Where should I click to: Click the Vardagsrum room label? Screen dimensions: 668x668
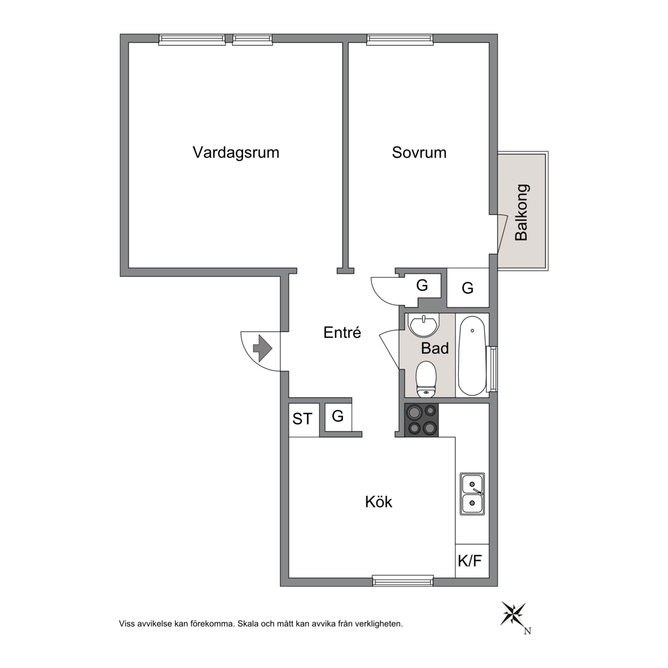pos(236,153)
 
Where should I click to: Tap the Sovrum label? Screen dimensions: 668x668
pos(419,153)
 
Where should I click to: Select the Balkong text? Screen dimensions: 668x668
pos(521,213)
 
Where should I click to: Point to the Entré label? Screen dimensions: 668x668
pos(342,332)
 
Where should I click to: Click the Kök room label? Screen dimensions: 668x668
pos(378,502)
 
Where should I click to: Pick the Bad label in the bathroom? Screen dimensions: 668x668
pos(435,348)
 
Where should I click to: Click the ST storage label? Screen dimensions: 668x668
pos(303,419)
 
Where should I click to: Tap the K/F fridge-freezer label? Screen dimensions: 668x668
pos(470,561)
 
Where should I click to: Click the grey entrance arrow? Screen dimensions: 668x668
pos(263,348)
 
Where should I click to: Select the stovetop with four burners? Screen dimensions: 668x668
pos(422,420)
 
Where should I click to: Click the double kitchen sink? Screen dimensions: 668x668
pos(473,494)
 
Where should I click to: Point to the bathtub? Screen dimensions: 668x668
pos(471,355)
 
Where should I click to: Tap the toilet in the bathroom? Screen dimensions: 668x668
pos(426,378)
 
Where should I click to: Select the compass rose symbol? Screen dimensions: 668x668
pos(514,614)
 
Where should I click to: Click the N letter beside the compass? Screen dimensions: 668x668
pos(528,631)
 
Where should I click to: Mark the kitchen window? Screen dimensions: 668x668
pos(403,581)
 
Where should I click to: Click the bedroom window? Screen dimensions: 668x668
pos(400,39)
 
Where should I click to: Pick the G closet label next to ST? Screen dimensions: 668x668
pos(338,416)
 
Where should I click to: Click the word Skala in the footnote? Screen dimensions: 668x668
pos(248,624)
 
